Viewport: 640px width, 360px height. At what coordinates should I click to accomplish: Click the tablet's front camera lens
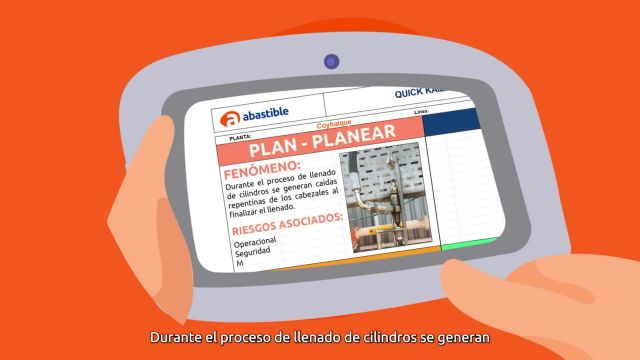tap(331, 61)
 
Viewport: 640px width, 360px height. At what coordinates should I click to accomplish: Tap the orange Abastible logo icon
tap(229, 116)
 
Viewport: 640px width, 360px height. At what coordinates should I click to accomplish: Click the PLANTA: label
tap(241, 135)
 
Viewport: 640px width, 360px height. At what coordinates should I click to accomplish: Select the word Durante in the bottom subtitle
tap(175, 338)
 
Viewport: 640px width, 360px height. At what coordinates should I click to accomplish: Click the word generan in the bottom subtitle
tap(463, 338)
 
